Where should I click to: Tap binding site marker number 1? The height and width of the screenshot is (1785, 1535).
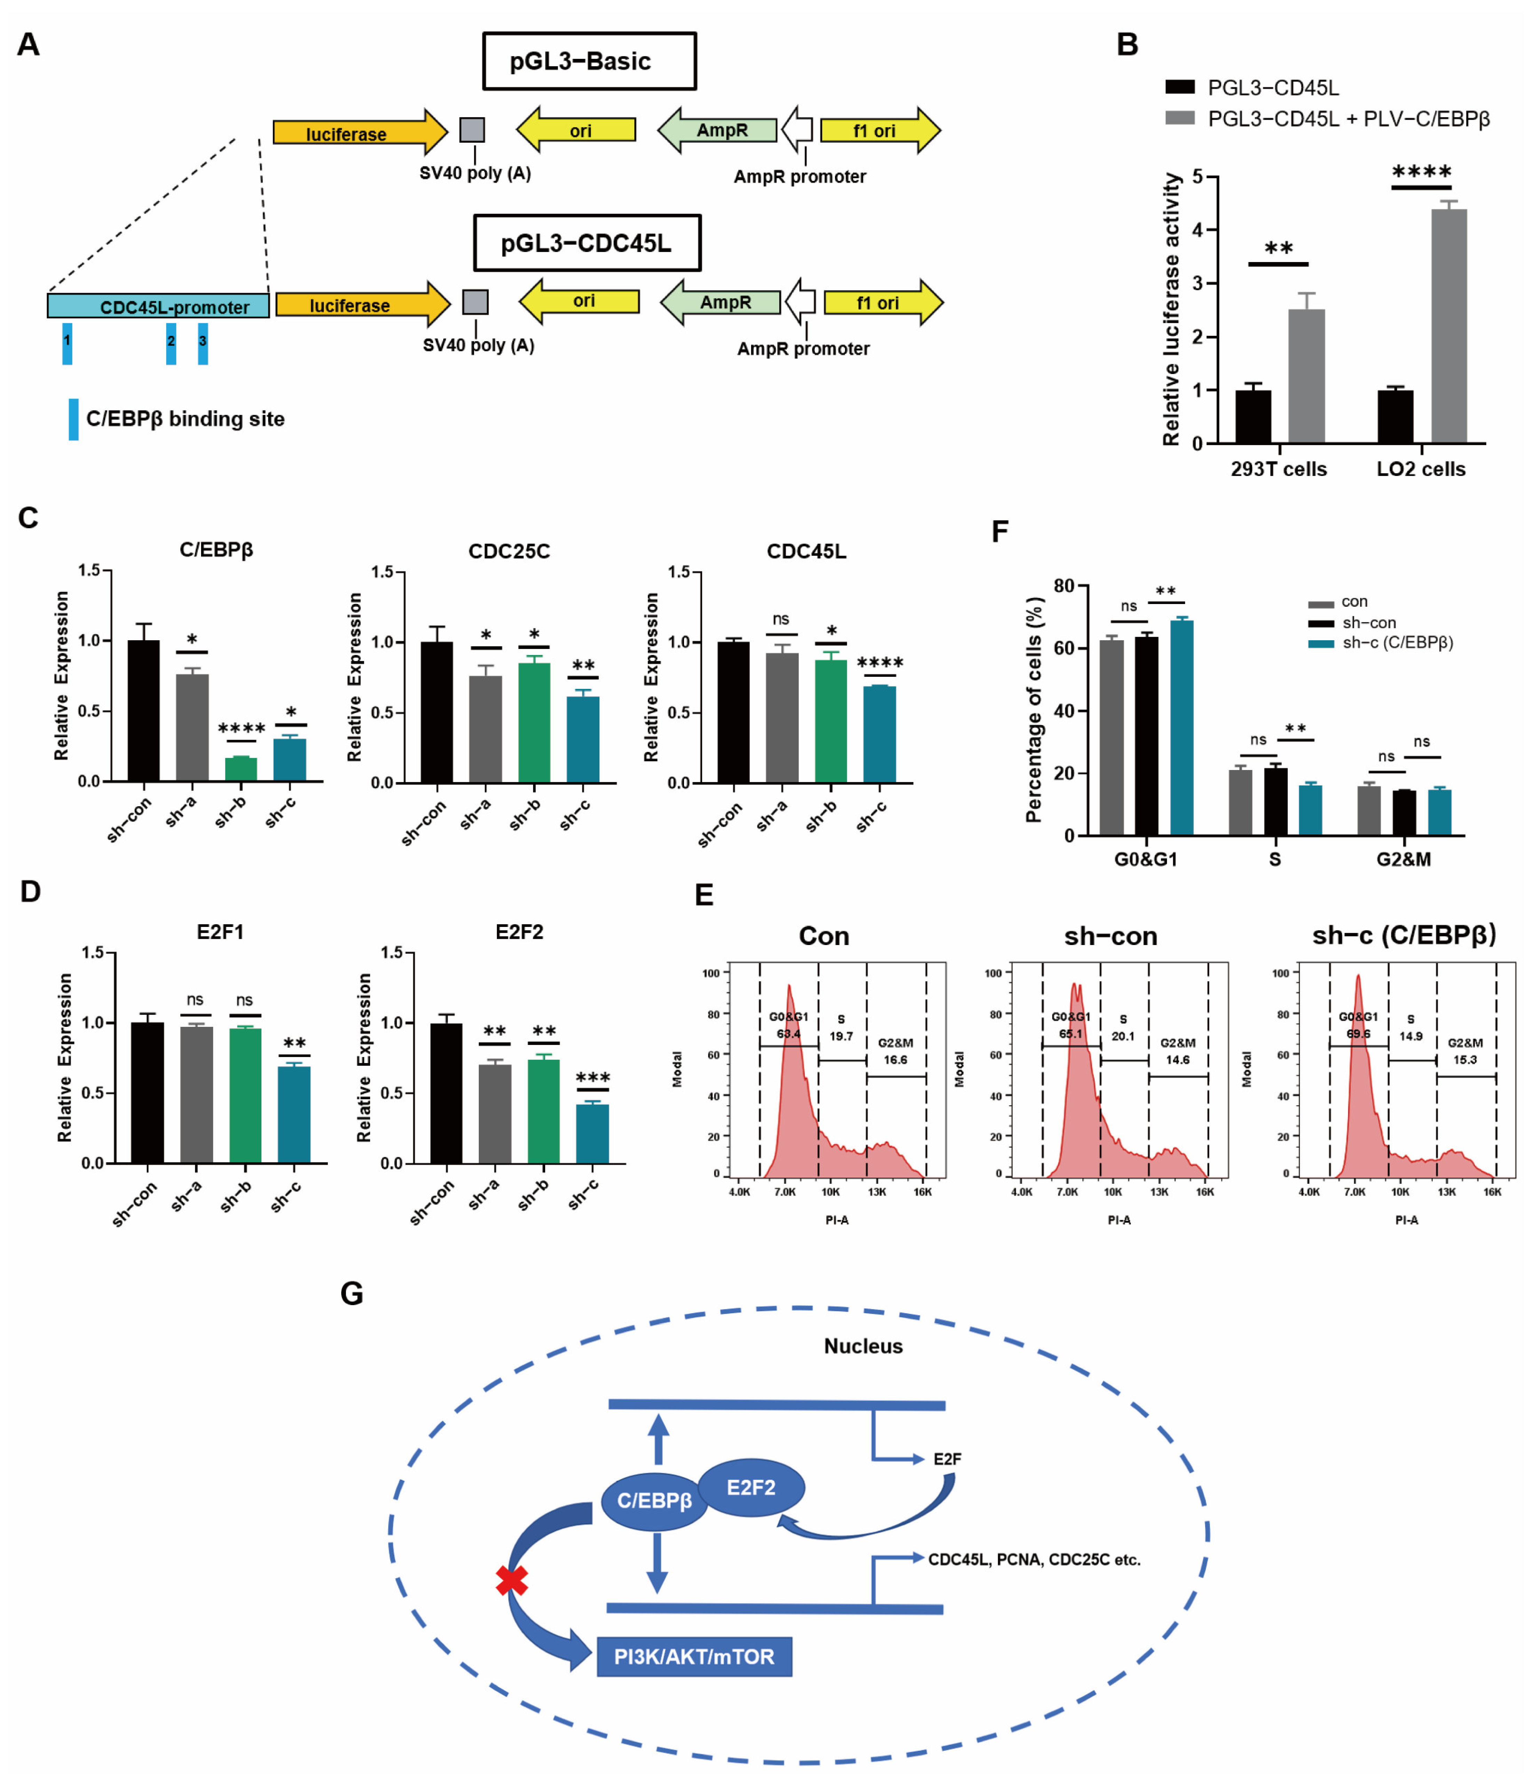point(67,343)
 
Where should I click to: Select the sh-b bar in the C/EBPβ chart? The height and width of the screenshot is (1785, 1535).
point(240,768)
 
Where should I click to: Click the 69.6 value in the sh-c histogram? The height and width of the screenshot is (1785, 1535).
point(1358,1034)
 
